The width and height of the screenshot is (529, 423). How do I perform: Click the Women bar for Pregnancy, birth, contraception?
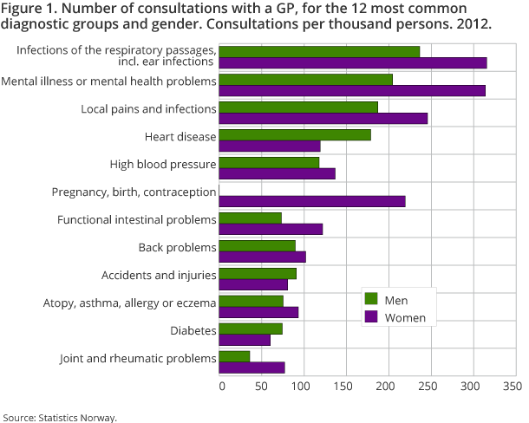tap(312, 202)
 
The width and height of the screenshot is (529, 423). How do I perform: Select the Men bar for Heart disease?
tap(295, 134)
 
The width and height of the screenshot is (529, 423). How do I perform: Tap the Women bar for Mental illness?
tap(352, 90)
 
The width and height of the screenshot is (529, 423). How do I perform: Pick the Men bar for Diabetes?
tap(251, 329)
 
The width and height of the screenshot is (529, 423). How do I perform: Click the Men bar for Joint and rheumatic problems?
tap(234, 356)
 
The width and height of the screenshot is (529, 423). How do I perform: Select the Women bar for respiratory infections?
tap(353, 62)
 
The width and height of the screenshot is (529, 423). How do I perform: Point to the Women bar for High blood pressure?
tap(277, 173)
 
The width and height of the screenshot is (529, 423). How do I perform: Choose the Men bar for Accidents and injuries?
tap(258, 273)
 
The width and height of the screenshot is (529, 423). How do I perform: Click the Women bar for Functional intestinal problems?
tap(271, 229)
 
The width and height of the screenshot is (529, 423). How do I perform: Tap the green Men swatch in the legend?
tap(371, 299)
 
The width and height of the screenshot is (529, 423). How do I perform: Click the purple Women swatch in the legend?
tap(371, 317)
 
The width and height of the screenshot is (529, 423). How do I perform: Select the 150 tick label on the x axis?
tap(344, 384)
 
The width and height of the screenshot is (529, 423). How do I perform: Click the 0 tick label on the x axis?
tap(222, 384)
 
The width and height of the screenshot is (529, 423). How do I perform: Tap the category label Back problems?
tap(177, 248)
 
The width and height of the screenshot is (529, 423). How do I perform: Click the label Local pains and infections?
tap(147, 109)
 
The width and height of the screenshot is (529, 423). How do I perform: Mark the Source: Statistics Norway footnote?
tap(60, 417)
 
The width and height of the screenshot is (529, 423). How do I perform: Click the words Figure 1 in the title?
tap(31, 10)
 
